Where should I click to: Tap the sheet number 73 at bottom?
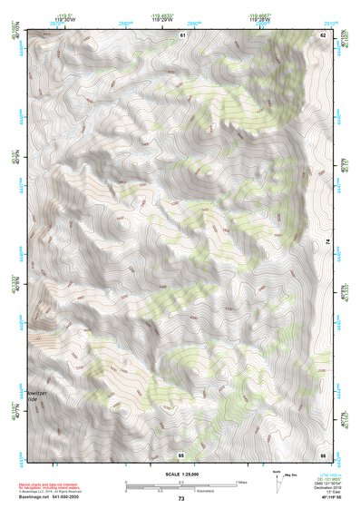pos(181,500)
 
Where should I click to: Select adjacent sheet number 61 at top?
pos(181,34)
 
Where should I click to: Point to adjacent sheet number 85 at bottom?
pos(181,453)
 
